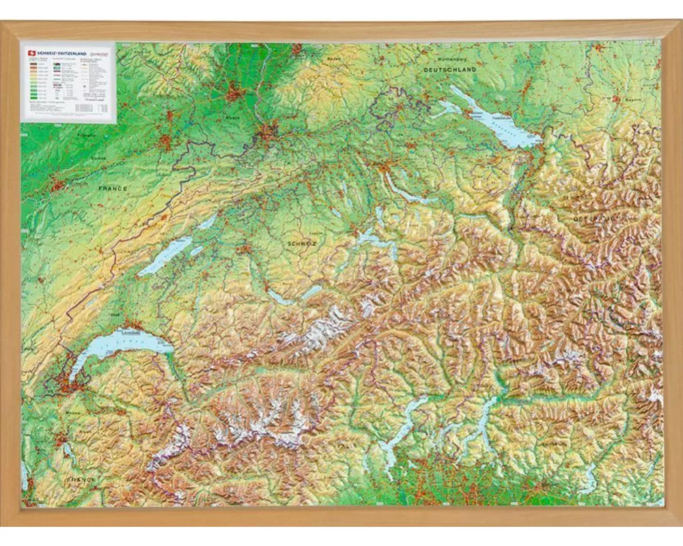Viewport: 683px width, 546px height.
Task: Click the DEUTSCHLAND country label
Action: tap(449, 70)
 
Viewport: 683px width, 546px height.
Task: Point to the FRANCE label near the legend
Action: tap(113, 188)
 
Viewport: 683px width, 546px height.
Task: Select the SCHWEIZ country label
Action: tap(301, 242)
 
